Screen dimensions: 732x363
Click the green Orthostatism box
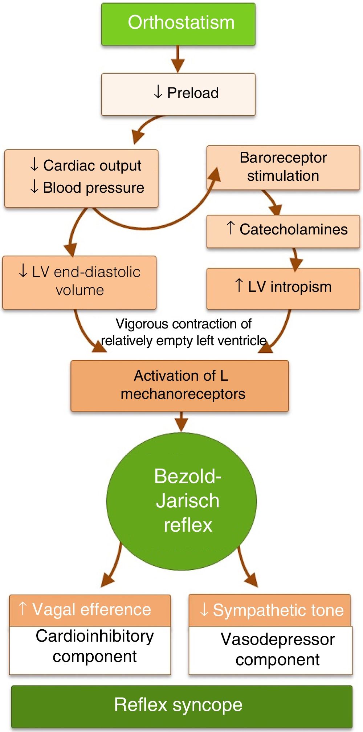click(x=178, y=24)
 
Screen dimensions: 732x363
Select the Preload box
click(x=178, y=94)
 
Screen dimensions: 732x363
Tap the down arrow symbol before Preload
click(x=158, y=92)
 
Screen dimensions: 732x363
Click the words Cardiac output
click(x=92, y=165)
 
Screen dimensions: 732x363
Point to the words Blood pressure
click(x=93, y=188)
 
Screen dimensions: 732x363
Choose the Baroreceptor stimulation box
click(x=283, y=167)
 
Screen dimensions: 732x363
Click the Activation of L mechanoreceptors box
click(x=180, y=385)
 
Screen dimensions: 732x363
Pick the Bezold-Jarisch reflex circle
click(x=181, y=501)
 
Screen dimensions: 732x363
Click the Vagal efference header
click(x=90, y=610)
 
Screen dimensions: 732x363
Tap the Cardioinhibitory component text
click(x=94, y=647)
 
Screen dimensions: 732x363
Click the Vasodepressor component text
click(x=277, y=650)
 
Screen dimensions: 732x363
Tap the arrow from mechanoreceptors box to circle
click(x=181, y=422)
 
